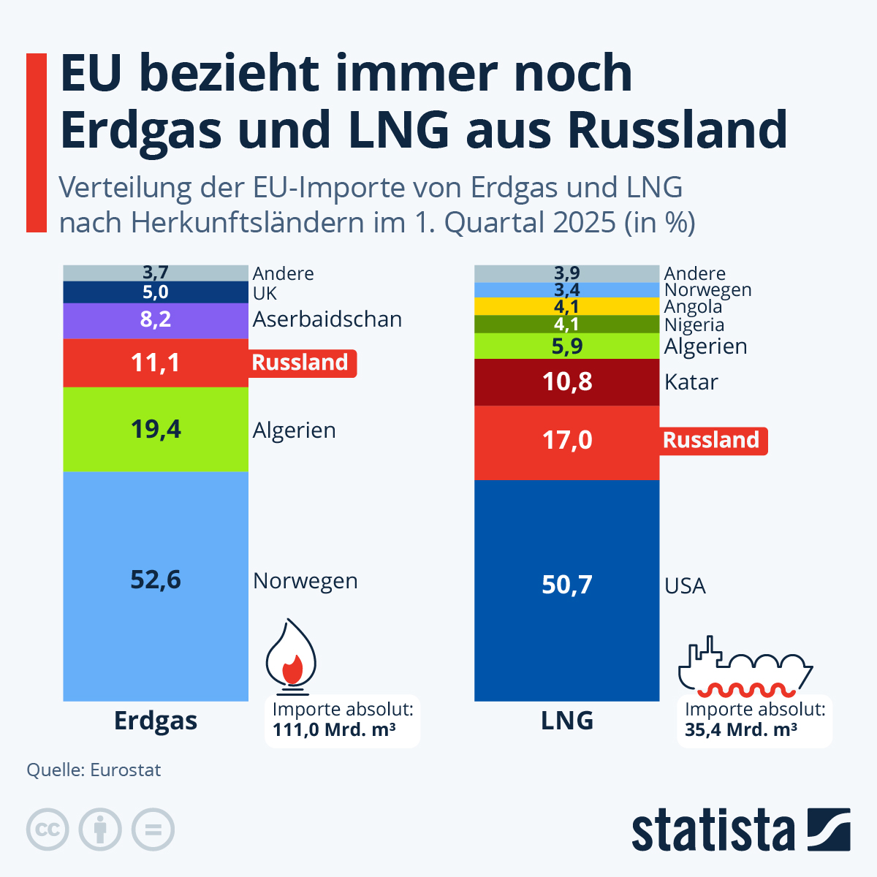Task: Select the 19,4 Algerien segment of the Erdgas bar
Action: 156,429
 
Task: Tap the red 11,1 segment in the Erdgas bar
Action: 156,362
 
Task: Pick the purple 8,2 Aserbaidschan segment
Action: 156,320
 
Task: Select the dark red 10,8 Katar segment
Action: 566,381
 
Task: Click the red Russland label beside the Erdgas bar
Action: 300,362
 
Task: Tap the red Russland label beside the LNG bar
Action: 711,440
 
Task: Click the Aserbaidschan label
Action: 327,319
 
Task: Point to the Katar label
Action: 691,382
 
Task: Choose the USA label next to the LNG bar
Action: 685,586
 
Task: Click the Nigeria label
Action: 694,325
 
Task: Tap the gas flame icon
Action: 290,656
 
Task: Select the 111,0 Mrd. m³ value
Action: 334,729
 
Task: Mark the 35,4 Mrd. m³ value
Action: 740,729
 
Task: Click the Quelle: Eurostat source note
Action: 94,770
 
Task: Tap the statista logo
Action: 740,830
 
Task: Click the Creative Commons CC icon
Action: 48,830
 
